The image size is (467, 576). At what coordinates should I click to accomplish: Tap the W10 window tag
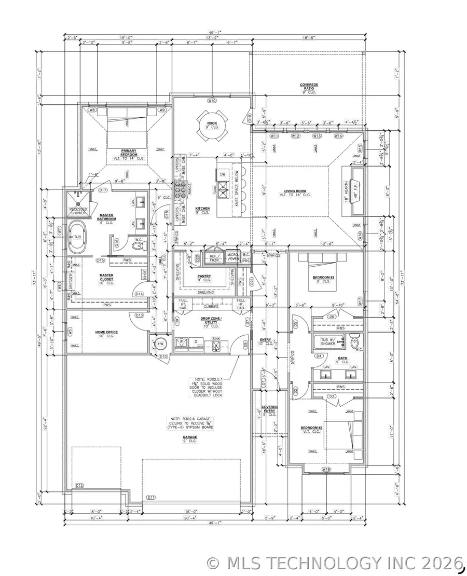(211, 100)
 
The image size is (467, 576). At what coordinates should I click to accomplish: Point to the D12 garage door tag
(79, 485)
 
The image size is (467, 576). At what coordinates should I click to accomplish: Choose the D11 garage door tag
(151, 497)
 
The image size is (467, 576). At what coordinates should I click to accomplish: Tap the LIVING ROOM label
(300, 191)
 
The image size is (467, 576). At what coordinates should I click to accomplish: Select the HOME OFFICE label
(106, 333)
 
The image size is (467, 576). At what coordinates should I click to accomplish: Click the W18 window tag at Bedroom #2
(326, 469)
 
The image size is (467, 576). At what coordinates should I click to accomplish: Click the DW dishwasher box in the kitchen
(223, 174)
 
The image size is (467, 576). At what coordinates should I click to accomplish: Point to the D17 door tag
(103, 190)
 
